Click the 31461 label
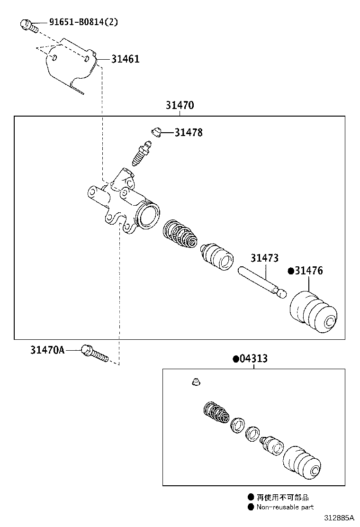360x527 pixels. [126, 59]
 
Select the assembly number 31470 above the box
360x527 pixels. [180, 105]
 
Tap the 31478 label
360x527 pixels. [189, 133]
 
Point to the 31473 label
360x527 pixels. [264, 258]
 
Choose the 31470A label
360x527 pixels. [47, 350]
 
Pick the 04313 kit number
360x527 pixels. [253, 359]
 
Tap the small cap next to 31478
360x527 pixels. [155, 131]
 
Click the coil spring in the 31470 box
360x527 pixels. [180, 234]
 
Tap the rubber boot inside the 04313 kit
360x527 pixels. [303, 462]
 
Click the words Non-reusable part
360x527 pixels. [285, 507]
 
